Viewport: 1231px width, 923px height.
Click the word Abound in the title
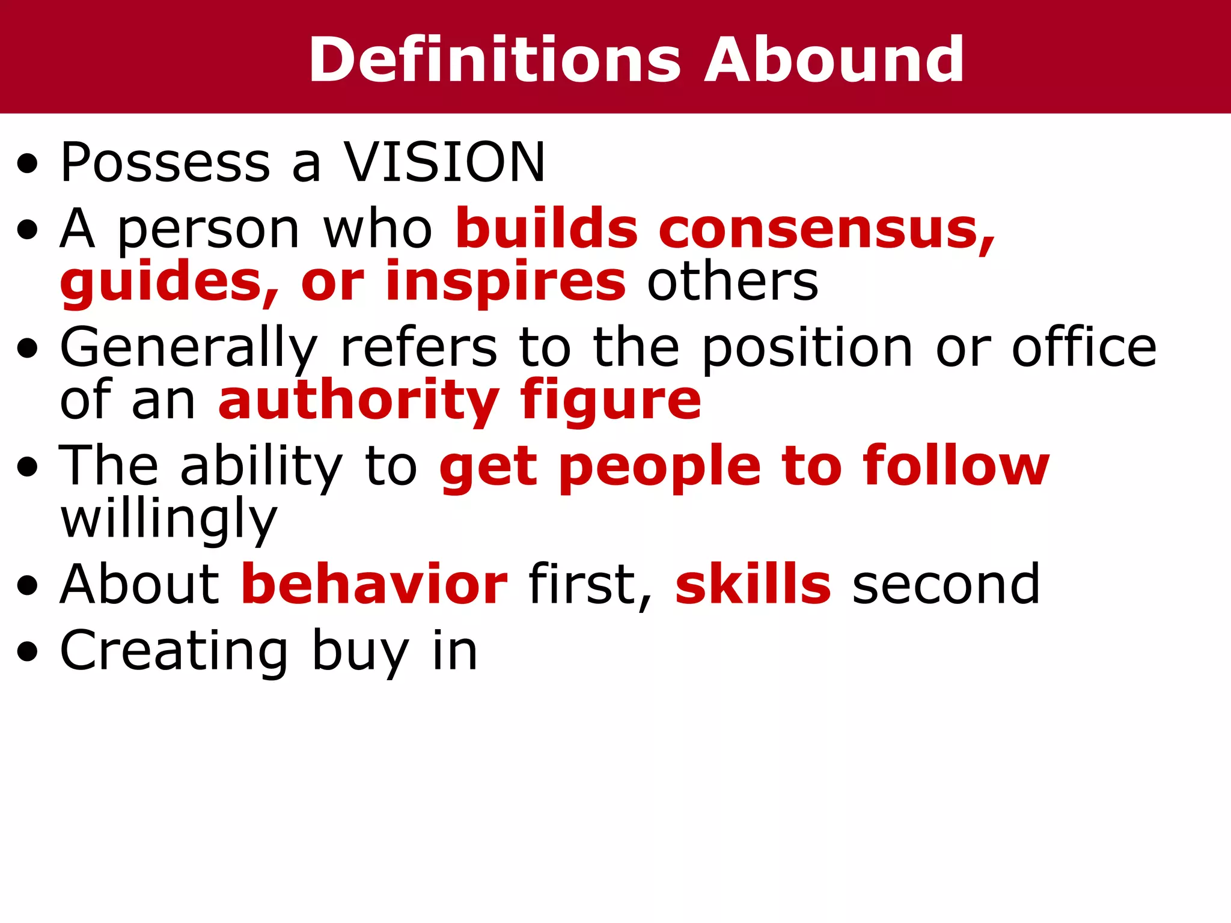tap(834, 59)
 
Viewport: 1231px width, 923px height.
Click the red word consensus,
tap(827, 229)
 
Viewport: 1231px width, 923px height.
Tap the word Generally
tap(188, 349)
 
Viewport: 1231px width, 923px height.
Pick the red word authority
tap(358, 401)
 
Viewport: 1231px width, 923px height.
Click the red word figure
tap(611, 401)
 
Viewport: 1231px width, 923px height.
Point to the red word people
tap(660, 468)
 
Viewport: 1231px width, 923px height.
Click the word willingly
tap(169, 520)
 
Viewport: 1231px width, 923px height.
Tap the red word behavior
tap(374, 584)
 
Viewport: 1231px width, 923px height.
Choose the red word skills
tap(753, 584)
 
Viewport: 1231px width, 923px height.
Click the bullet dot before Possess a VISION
tap(27, 163)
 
